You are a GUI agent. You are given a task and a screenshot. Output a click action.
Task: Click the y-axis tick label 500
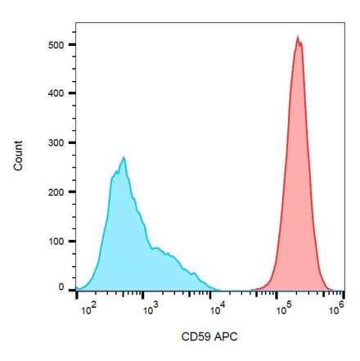point(54,44)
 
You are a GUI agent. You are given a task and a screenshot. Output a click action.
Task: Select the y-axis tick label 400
point(54,93)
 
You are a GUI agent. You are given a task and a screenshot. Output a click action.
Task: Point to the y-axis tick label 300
point(54,142)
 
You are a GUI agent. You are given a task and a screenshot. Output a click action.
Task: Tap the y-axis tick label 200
point(54,192)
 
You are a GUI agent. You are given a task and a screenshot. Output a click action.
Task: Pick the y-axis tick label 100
point(54,241)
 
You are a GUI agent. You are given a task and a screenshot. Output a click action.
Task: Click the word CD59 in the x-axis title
point(193,336)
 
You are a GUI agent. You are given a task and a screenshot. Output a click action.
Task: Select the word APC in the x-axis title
point(223,336)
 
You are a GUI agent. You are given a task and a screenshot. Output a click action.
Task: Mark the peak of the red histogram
point(299,37)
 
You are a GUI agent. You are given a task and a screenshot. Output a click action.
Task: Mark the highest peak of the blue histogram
point(123,157)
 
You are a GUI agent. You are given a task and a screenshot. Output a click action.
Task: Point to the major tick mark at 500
point(71,44)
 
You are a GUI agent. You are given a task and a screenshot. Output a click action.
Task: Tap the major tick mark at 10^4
point(215,296)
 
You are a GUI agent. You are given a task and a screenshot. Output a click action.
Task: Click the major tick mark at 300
point(71,142)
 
